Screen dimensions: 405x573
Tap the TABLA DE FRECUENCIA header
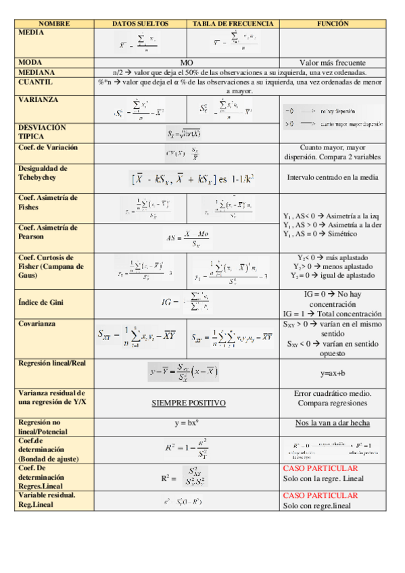[x=233, y=24]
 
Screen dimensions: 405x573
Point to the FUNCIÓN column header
[x=332, y=24]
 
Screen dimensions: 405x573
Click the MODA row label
[x=31, y=62]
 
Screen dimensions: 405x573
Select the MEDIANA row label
[x=38, y=72]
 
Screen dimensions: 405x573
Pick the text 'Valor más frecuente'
[x=332, y=62]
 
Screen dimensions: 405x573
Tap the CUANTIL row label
[x=36, y=82]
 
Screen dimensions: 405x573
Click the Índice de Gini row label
[x=41, y=303]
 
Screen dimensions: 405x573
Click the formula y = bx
[x=187, y=423]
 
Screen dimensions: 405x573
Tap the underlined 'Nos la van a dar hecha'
[x=332, y=423]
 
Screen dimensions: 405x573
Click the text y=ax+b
[x=332, y=373]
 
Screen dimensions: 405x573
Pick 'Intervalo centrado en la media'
[x=332, y=178]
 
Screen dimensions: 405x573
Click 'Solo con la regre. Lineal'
[x=323, y=478]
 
